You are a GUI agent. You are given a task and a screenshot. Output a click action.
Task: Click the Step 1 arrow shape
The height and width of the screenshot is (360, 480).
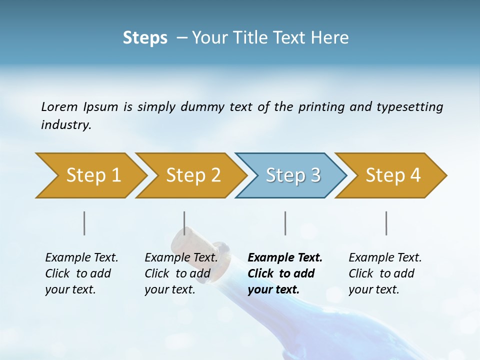[90, 175]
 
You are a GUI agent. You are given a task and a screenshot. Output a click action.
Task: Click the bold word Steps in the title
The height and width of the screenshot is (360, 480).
[145, 38]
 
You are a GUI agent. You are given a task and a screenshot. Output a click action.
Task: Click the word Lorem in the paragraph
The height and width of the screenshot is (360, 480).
[59, 106]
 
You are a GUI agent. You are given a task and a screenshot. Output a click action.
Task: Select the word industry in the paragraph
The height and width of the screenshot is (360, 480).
[65, 124]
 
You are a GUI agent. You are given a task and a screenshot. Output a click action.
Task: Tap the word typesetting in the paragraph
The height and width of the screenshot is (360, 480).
[409, 107]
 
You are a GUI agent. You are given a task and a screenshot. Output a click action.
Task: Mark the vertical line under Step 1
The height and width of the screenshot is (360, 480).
[84, 223]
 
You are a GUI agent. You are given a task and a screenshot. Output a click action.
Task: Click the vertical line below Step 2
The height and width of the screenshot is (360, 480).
[184, 223]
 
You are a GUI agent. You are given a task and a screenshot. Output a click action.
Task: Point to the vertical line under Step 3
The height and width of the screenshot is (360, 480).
[285, 223]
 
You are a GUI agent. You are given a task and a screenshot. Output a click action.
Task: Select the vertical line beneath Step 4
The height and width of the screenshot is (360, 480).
[386, 223]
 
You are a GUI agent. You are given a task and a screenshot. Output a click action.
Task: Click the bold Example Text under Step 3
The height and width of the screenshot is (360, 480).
[285, 258]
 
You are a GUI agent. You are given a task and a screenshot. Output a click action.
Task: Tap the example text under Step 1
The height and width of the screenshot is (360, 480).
[81, 273]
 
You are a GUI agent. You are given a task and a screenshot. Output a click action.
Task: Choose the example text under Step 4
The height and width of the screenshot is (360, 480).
[385, 273]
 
